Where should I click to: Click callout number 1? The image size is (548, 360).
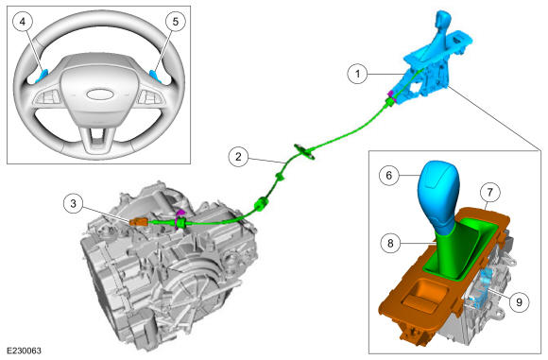357,74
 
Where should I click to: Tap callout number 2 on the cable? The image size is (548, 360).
238,156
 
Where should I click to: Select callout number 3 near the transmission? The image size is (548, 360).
73,203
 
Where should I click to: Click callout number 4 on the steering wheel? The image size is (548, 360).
23,22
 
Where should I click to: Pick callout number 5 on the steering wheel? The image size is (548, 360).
176,22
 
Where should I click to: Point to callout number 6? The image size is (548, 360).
389,175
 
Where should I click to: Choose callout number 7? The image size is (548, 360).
489,192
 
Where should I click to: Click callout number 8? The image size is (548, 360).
390,243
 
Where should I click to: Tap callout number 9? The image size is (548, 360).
519,301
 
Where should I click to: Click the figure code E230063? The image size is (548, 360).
24,351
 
